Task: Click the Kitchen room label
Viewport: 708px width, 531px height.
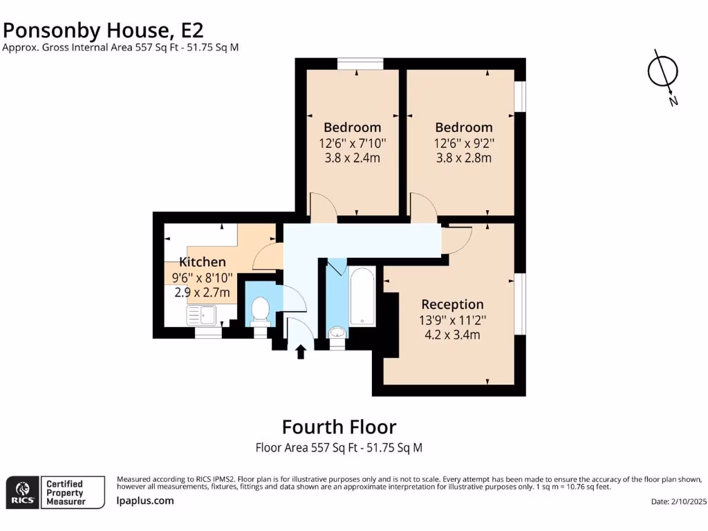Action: coord(203,262)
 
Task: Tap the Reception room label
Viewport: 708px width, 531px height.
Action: coord(452,304)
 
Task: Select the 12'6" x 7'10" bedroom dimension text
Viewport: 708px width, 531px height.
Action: coord(352,143)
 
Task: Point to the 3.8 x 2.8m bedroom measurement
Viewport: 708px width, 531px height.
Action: coord(463,158)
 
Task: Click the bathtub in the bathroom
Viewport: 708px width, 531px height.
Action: coord(362,297)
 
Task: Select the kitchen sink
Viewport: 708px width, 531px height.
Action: coord(203,315)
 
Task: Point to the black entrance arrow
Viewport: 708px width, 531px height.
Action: coord(301,353)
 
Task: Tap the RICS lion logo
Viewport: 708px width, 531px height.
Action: coord(21,492)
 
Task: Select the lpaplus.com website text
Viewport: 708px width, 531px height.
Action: coord(145,501)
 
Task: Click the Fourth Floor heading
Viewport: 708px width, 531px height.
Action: coord(339,426)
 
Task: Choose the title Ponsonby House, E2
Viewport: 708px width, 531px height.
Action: coord(104,30)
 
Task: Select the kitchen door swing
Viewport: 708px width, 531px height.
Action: coord(266,257)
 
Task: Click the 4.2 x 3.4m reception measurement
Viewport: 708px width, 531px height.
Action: coord(452,335)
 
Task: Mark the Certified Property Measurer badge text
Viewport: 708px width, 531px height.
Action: coord(65,492)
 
